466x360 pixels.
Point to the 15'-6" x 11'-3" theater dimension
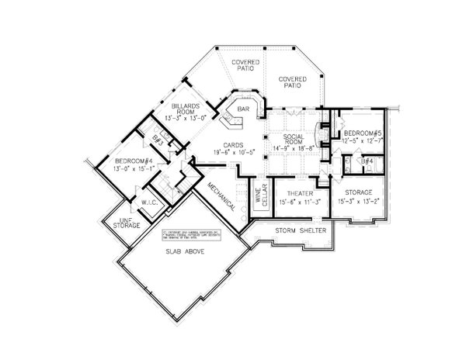299,201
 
